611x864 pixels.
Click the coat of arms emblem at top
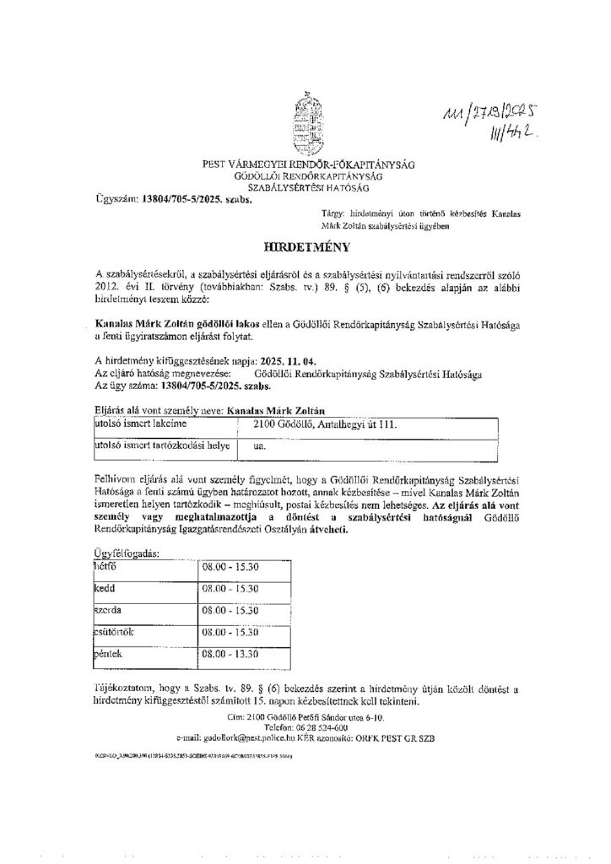(x=305, y=123)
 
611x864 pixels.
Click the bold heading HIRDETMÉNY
(x=305, y=250)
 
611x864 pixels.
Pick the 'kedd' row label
(x=106, y=588)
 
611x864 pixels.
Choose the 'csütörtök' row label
(x=116, y=629)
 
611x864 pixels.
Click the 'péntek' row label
(x=111, y=653)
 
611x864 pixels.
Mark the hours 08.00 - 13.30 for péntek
(x=230, y=653)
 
